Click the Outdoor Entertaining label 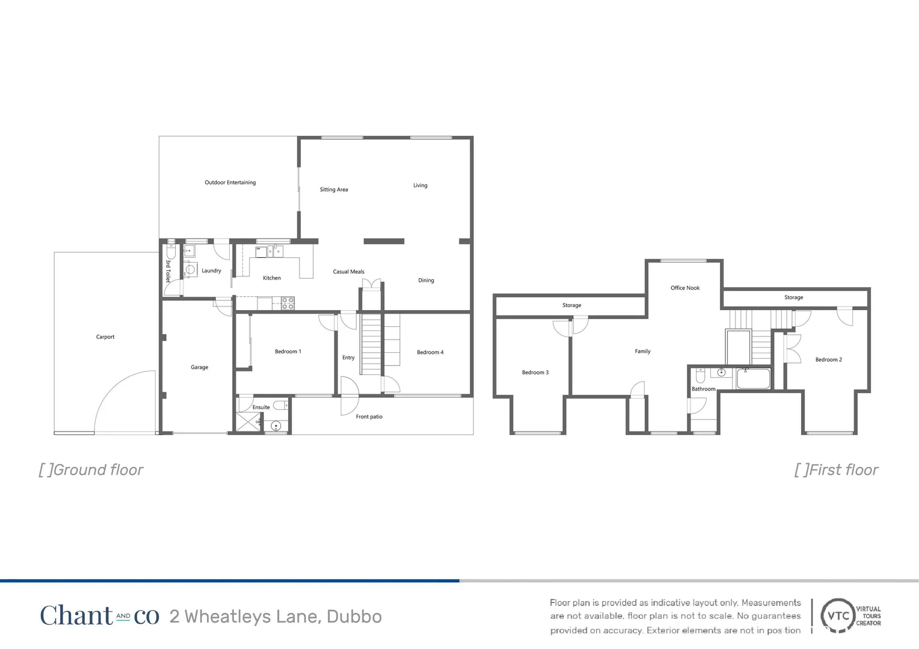tap(230, 183)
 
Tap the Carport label tap(105, 337)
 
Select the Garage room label tap(199, 367)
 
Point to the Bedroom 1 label tap(287, 352)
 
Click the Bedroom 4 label tap(430, 352)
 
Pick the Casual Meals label tap(348, 272)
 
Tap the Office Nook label tap(685, 288)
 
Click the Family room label tap(642, 352)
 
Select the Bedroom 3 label tap(535, 373)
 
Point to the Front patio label tap(369, 416)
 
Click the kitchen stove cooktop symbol tap(288, 303)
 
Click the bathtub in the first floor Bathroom tap(753, 379)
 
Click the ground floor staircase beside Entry tap(371, 343)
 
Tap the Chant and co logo tap(99, 616)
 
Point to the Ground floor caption tap(91, 470)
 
